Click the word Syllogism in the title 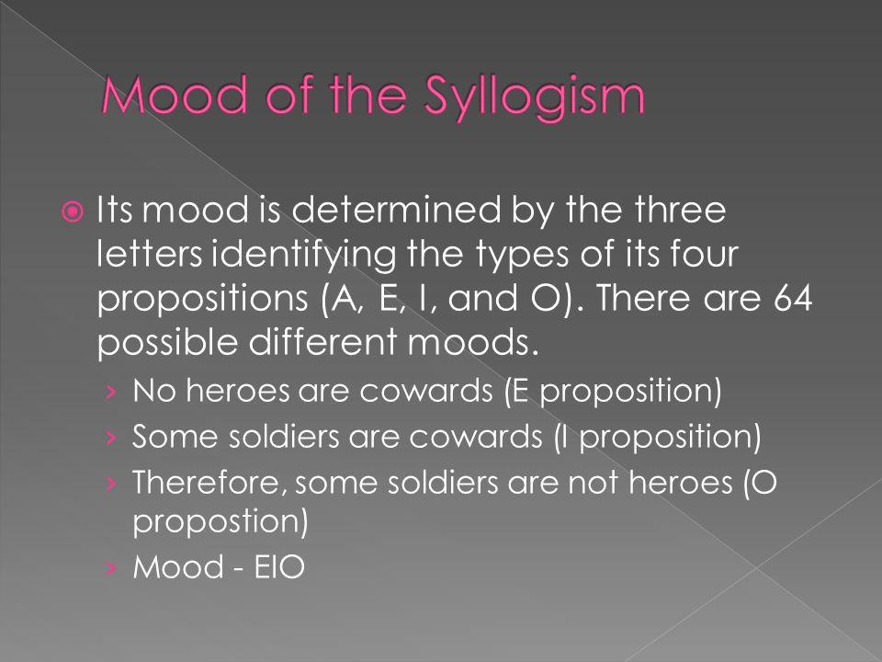[534, 97]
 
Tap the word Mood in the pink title [175, 94]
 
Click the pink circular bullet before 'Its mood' [72, 212]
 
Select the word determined [397, 210]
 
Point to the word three [680, 210]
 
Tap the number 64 [793, 297]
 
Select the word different [322, 342]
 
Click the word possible [167, 343]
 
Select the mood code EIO [279, 567]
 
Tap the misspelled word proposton [220, 521]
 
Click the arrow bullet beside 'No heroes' [111, 392]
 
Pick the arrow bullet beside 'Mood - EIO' [111, 568]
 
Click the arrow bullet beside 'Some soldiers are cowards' [111, 438]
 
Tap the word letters [149, 254]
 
